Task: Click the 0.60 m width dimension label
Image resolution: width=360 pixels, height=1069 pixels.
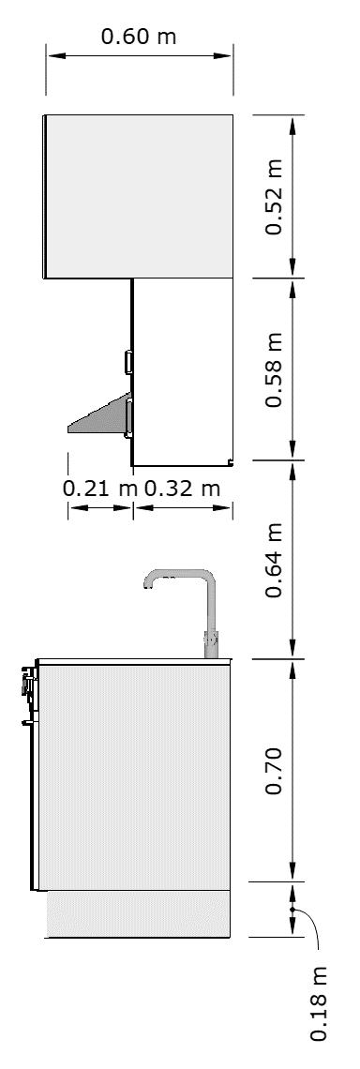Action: [x=139, y=36]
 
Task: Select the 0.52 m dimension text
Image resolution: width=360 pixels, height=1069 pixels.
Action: [x=274, y=197]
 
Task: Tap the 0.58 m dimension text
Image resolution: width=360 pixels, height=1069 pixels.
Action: [x=274, y=369]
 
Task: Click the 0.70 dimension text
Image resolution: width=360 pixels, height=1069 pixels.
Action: [x=274, y=771]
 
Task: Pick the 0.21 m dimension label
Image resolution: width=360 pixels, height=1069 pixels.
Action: [x=100, y=489]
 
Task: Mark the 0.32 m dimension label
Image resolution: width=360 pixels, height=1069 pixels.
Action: [x=183, y=489]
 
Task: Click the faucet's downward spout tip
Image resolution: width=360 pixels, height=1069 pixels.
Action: [x=146, y=584]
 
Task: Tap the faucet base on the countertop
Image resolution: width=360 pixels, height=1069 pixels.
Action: [x=211, y=645]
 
